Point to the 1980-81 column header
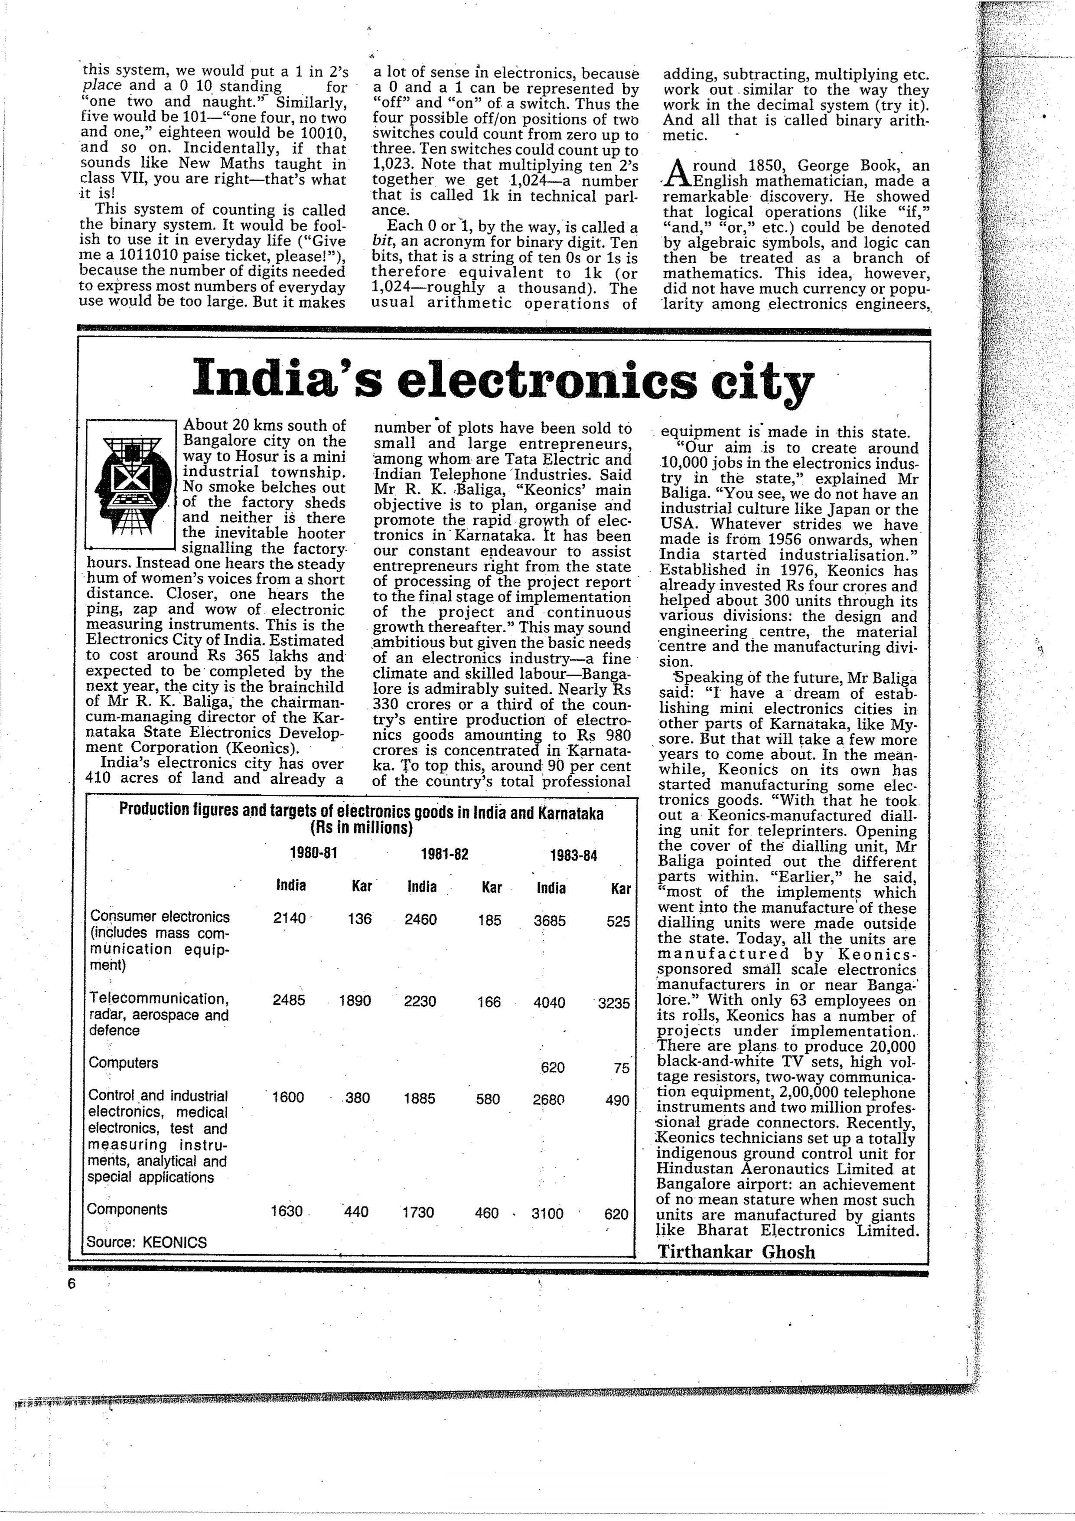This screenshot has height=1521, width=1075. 314,853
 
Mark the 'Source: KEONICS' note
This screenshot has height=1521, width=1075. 147,1242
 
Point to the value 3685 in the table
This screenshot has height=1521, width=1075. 550,920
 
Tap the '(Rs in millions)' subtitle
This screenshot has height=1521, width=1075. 361,828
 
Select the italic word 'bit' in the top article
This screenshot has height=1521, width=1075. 380,242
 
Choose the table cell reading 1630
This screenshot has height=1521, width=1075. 287,1211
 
